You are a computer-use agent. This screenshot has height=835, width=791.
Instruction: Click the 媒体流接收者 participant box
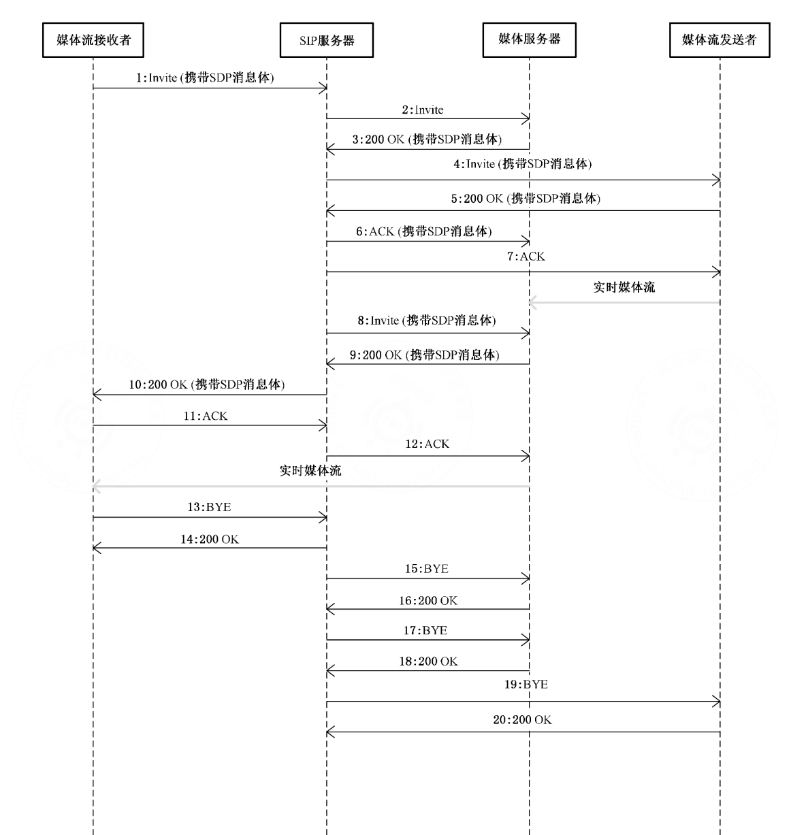tap(93, 40)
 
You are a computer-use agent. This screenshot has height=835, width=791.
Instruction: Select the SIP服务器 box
tap(326, 40)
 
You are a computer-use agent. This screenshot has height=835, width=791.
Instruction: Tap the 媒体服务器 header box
tap(530, 40)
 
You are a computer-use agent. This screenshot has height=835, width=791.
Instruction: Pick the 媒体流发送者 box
tap(720, 40)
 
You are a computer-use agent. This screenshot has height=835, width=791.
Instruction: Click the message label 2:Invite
tap(423, 110)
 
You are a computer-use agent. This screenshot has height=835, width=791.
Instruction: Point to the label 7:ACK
tap(526, 257)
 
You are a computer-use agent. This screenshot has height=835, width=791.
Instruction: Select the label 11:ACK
tap(206, 416)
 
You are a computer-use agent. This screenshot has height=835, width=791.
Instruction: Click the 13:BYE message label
tap(209, 507)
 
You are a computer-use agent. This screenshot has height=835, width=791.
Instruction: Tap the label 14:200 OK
tap(210, 540)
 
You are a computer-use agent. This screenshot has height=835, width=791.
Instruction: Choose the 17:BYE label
tap(425, 630)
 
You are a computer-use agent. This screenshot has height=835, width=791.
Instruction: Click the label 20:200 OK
tap(522, 720)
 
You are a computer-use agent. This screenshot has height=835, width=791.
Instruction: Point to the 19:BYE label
tap(526, 684)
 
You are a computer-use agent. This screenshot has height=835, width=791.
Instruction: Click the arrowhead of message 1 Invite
tap(325, 88)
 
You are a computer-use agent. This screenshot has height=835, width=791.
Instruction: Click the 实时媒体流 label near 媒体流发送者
tap(624, 288)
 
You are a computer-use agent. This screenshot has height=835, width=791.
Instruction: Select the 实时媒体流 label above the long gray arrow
tap(310, 471)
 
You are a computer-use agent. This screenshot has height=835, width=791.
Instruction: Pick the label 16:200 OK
tap(427, 600)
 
